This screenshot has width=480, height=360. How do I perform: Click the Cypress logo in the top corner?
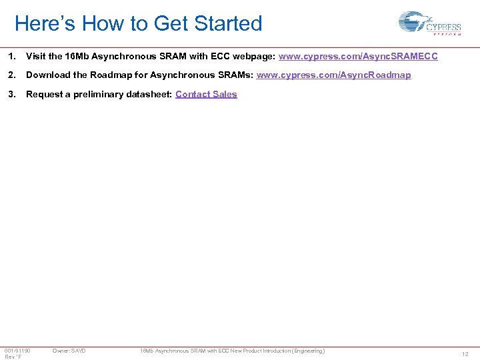coord(429,24)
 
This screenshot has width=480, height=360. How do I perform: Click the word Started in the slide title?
coord(228,24)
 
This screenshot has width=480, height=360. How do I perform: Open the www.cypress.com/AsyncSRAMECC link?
coord(358,57)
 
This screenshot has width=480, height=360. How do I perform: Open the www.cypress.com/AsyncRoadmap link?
coord(333,75)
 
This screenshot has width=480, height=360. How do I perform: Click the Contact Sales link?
coord(206,94)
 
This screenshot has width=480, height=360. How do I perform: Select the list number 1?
coord(11,57)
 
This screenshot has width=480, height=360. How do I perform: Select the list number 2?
coord(11,75)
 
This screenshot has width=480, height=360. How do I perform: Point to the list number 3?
coord(11,94)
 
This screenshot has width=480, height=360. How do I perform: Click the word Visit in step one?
coord(36,57)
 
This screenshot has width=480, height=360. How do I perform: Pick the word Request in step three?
coord(43,94)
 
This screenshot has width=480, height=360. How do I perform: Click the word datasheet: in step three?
coord(149,94)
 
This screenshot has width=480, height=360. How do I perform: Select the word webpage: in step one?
coord(254,57)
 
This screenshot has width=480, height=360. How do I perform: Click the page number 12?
coord(465,354)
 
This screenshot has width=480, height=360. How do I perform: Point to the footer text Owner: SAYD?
coord(69,351)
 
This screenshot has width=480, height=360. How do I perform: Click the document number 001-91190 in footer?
coord(17,351)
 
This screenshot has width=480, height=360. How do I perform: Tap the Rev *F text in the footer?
coord(13,357)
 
